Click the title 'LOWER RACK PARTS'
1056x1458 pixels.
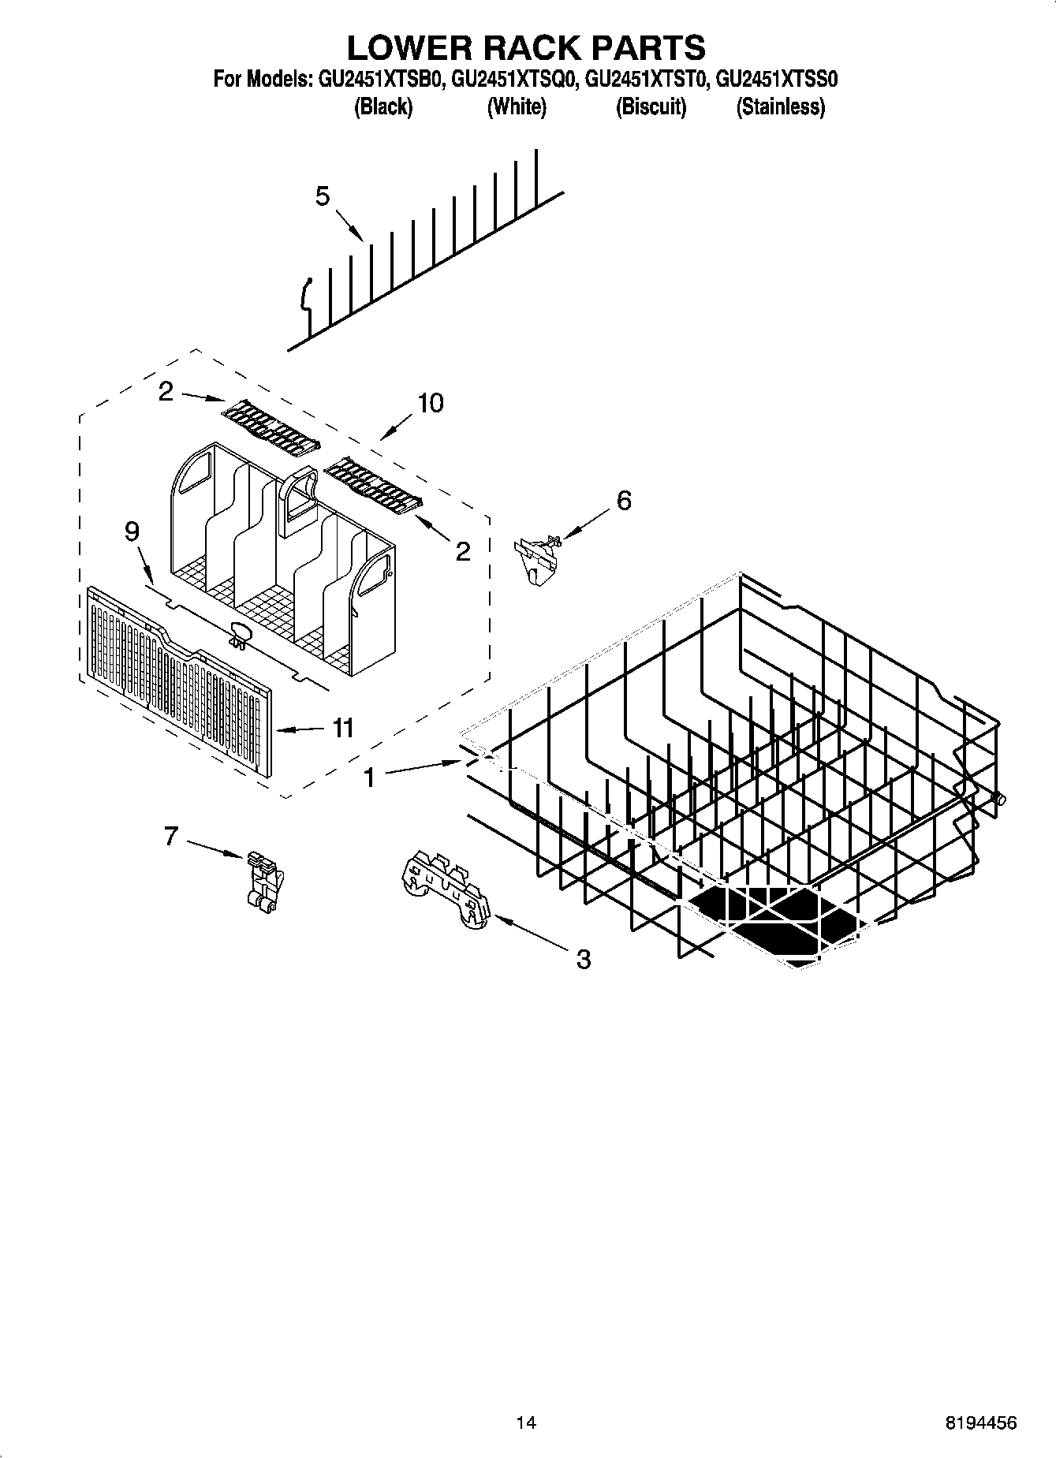(526, 47)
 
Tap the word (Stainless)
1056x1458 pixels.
(780, 107)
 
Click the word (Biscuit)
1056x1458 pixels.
(651, 107)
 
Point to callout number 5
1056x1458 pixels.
(322, 196)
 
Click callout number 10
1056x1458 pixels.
(431, 403)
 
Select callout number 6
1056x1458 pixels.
(624, 500)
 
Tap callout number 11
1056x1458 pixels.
(342, 728)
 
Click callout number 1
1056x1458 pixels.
(369, 777)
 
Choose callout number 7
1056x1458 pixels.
(171, 836)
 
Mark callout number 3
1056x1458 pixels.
(583, 959)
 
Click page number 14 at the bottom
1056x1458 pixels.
(526, 1423)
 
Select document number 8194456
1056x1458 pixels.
(980, 1423)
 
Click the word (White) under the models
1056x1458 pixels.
(517, 107)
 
